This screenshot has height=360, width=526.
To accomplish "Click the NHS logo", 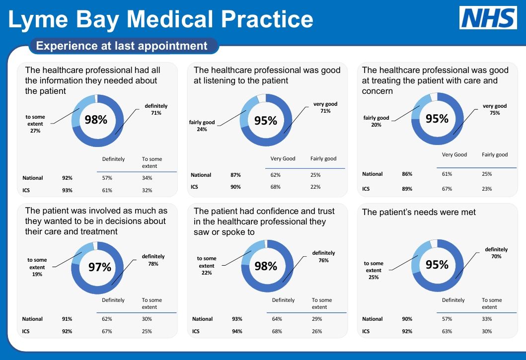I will click(x=487, y=18).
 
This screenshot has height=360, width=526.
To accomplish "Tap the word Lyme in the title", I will click(x=39, y=19).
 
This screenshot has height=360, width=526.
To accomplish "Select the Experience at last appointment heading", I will click(x=122, y=46).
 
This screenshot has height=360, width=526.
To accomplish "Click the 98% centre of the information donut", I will click(x=96, y=120).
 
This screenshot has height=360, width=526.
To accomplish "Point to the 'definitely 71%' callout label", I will click(x=156, y=110).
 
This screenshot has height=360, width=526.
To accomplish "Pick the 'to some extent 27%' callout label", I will click(x=35, y=124).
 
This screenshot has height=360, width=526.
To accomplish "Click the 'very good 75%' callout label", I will click(x=494, y=110).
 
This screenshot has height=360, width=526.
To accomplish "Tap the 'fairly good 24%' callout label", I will click(x=202, y=126).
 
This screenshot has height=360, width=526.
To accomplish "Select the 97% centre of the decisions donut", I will click(x=99, y=268).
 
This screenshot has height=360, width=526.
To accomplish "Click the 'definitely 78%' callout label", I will click(x=153, y=260).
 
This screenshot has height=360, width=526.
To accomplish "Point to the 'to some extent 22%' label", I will click(x=207, y=266).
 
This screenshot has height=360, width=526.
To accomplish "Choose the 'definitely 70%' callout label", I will click(x=496, y=253).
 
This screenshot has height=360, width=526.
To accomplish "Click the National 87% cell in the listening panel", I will click(x=236, y=175).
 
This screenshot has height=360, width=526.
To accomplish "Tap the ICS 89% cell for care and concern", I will click(x=407, y=189).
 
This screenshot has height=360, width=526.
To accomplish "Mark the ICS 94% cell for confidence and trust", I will click(x=237, y=331).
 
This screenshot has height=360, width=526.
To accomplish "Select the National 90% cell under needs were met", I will click(x=407, y=319).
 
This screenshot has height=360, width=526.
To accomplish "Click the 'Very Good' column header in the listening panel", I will click(x=283, y=159).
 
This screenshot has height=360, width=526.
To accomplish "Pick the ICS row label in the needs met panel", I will click(x=366, y=331).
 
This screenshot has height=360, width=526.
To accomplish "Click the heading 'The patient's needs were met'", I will click(x=419, y=213).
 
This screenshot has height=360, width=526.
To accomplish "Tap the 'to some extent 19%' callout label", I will click(x=37, y=267).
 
